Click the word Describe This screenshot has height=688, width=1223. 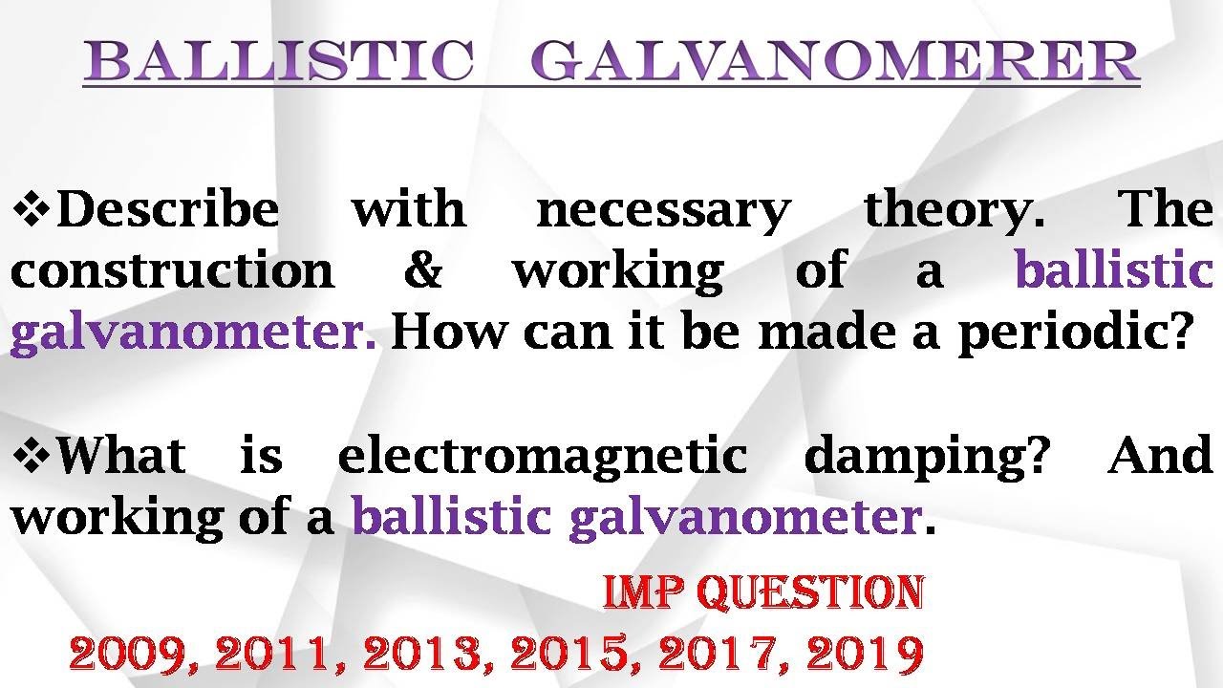pyautogui.click(x=168, y=209)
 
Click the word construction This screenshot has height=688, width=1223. pyautogui.click(x=172, y=271)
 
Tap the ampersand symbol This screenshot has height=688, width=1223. pyautogui.click(x=423, y=271)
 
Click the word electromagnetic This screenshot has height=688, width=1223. pyautogui.click(x=542, y=456)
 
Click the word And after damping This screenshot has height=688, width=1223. pyautogui.click(x=1160, y=456)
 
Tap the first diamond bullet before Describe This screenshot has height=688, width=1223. pyautogui.click(x=32, y=209)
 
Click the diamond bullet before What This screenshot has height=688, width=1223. pyautogui.click(x=32, y=456)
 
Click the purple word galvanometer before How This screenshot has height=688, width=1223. pyautogui.click(x=192, y=333)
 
